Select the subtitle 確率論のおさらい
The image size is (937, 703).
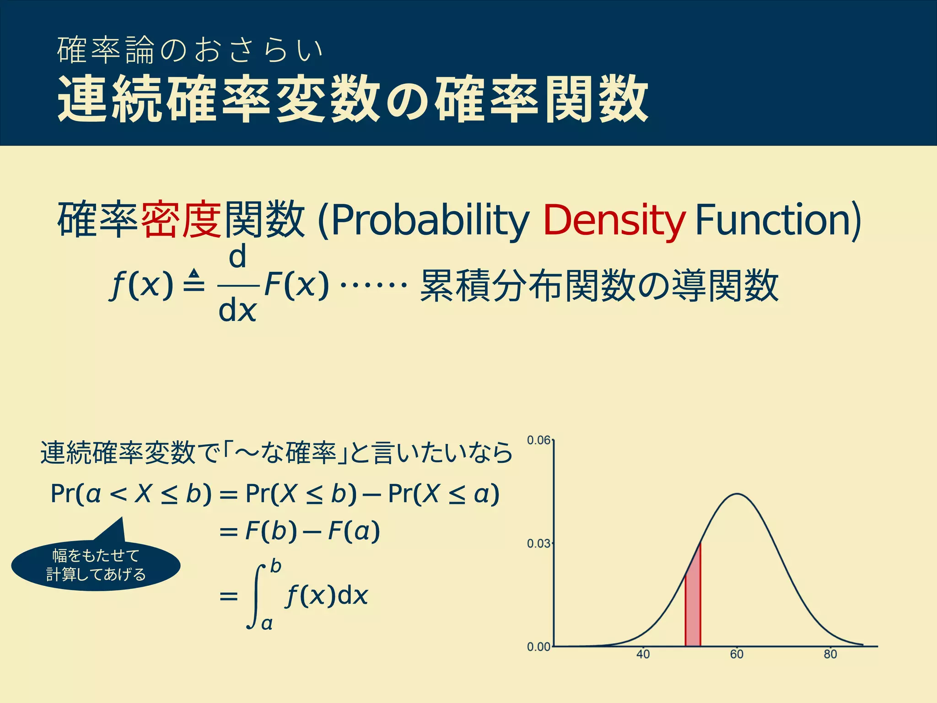(190, 50)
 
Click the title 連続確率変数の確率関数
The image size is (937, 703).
(352, 100)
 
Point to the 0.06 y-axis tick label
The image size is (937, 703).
(538, 440)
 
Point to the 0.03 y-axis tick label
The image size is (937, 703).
(538, 544)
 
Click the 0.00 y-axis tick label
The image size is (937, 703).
(538, 647)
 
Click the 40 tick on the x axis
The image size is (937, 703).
(643, 654)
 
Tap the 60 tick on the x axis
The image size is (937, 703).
(737, 654)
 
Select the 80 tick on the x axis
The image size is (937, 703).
(830, 654)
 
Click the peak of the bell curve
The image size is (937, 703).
(738, 494)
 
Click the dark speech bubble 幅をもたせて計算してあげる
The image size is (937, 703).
(96, 565)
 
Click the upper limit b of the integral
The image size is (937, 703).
(275, 566)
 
